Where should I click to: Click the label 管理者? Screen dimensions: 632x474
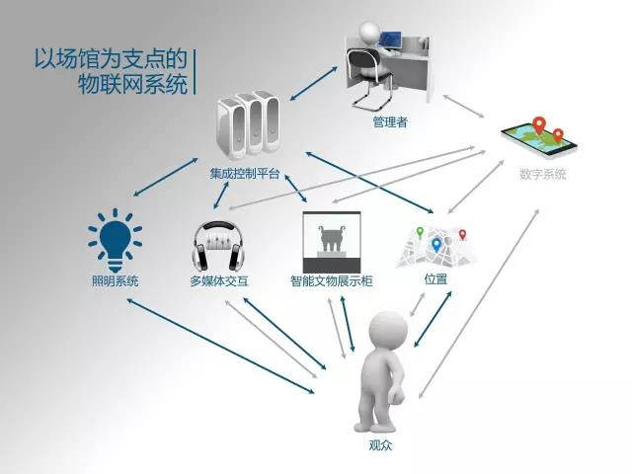click(390, 121)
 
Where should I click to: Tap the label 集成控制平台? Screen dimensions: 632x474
click(245, 174)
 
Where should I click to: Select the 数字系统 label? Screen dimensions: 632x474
click(543, 174)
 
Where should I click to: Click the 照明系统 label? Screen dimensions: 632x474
click(116, 280)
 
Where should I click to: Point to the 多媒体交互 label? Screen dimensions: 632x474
click(219, 280)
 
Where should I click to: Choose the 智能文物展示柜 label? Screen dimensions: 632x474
click(332, 280)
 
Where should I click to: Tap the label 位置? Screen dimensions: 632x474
click(435, 278)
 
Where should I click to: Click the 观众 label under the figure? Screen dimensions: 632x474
click(380, 445)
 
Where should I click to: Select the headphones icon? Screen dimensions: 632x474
click(219, 246)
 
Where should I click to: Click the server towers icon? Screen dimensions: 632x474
click(248, 125)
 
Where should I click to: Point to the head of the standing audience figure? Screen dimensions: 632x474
click(388, 329)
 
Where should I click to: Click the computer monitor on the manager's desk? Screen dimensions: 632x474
click(391, 39)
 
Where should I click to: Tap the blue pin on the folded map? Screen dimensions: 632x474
click(436, 245)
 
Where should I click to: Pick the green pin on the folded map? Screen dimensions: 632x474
click(420, 232)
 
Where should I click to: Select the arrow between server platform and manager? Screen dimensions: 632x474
click(313, 83)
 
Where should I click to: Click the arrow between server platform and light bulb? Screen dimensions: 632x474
click(165, 178)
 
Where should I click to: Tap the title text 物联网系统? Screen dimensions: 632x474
click(133, 83)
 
